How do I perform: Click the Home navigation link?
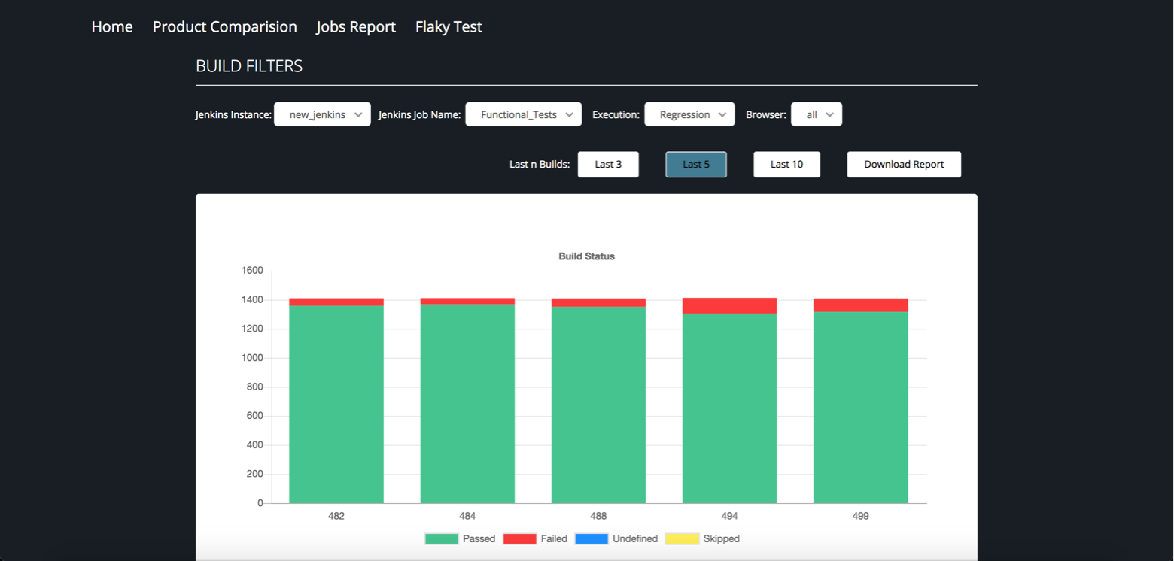coord(112,26)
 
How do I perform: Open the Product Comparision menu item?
coord(224,26)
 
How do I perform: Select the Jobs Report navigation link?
coord(356,26)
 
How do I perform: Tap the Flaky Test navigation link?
coord(449,26)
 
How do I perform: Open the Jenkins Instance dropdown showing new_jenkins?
coord(322,114)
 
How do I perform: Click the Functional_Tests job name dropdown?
coord(523,114)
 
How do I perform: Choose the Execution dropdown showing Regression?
coord(689,114)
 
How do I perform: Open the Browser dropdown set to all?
coord(816,114)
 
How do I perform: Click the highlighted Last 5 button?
coord(695,165)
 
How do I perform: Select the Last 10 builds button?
coord(786,165)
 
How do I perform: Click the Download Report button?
coord(904,165)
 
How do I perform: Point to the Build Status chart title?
coord(586,256)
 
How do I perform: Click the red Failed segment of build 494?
coord(729,305)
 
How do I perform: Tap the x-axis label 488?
coord(598,516)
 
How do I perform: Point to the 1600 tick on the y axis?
coord(252,271)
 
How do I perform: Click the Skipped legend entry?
coord(702,538)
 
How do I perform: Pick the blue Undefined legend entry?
coord(616,538)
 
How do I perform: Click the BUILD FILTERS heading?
coord(249,66)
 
